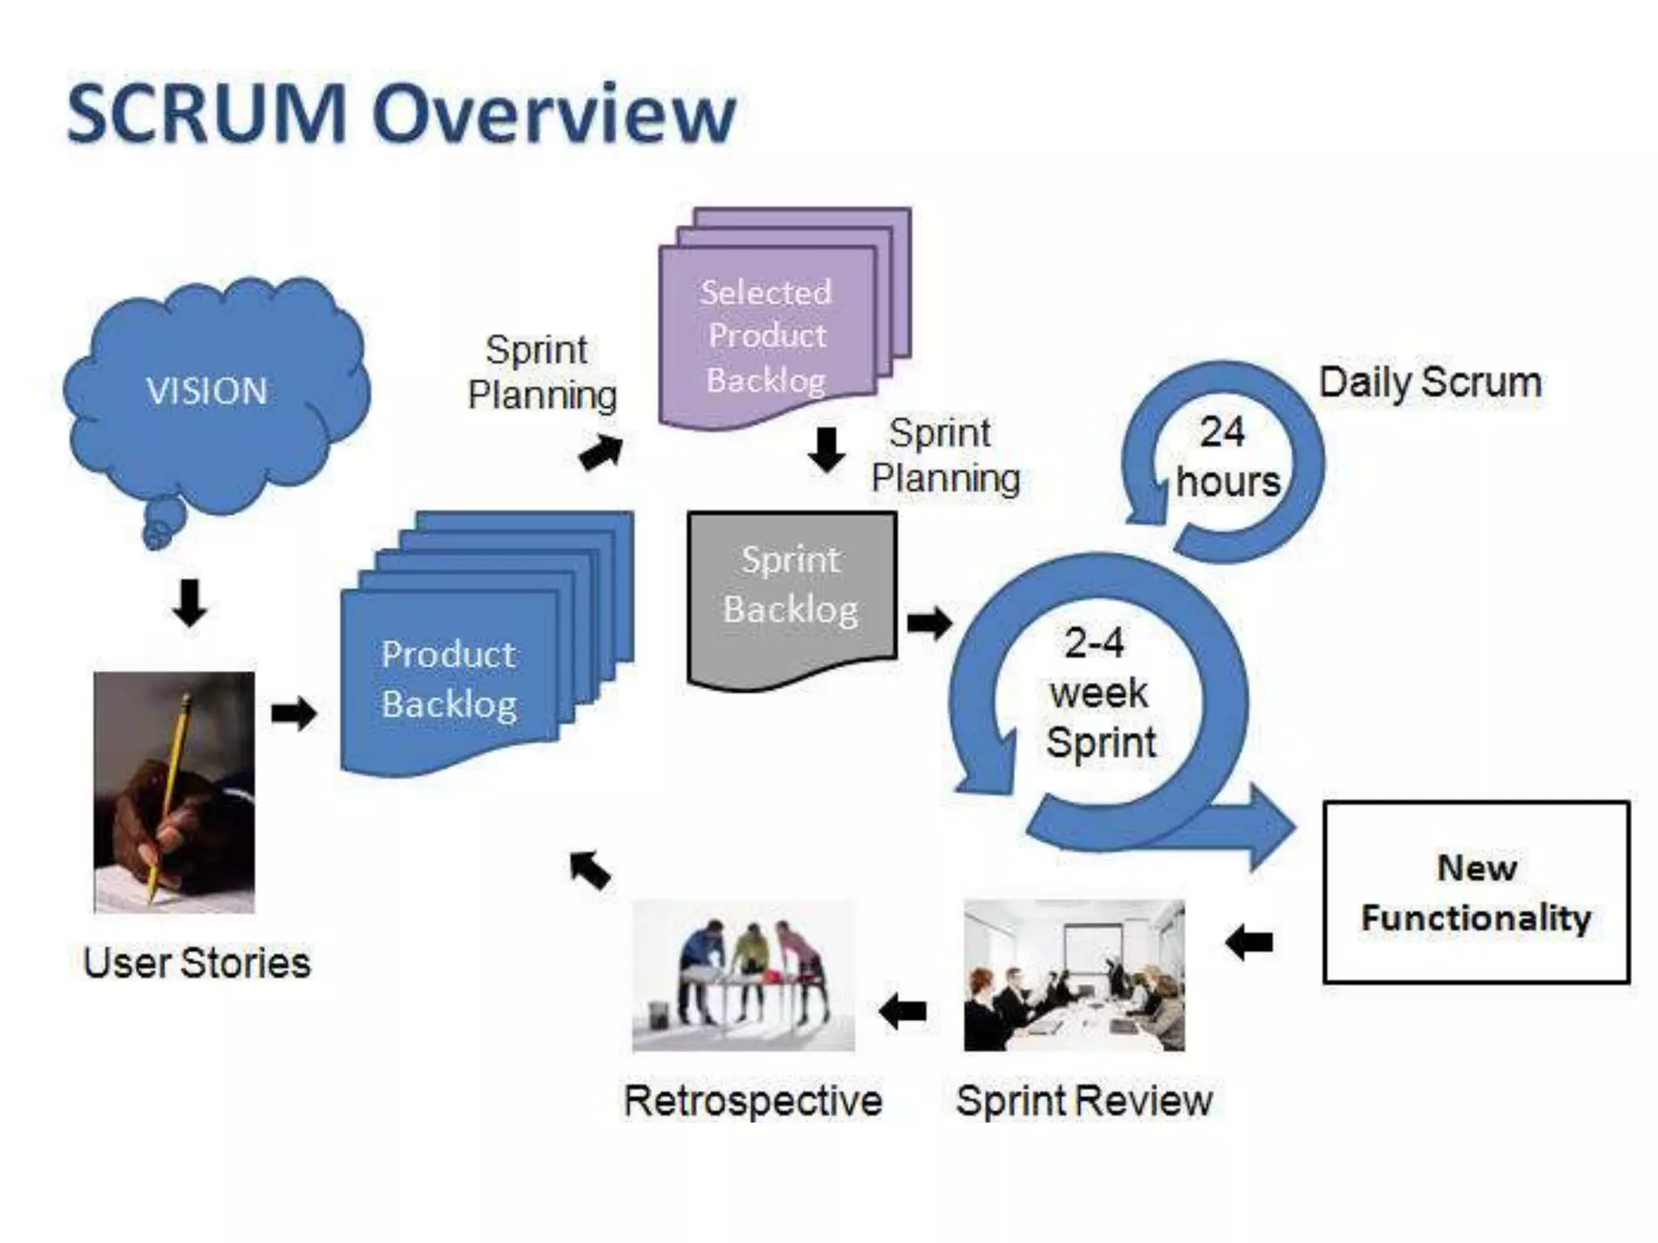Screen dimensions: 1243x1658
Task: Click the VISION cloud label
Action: click(207, 391)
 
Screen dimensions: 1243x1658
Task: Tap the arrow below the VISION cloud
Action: click(189, 604)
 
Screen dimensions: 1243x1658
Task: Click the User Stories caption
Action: click(197, 963)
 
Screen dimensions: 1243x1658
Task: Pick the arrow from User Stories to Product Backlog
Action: click(293, 713)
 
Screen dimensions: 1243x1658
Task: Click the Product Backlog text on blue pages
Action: click(449, 679)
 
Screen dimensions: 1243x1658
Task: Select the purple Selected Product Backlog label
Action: click(766, 336)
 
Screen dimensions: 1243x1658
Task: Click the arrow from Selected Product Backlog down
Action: click(826, 450)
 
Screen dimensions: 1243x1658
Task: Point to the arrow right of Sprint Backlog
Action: click(929, 622)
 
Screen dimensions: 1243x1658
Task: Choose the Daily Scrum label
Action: click(1431, 382)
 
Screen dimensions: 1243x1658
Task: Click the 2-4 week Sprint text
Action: click(1099, 693)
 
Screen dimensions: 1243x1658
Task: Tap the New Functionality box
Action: click(1476, 892)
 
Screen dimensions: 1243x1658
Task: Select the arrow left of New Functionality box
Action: click(1249, 942)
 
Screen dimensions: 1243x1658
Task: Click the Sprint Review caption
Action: click(1084, 1101)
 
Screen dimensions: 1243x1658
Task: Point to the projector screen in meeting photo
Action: click(1088, 951)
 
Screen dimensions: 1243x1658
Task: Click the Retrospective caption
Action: click(752, 1101)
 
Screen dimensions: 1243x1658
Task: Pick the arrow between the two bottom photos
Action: click(903, 1011)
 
